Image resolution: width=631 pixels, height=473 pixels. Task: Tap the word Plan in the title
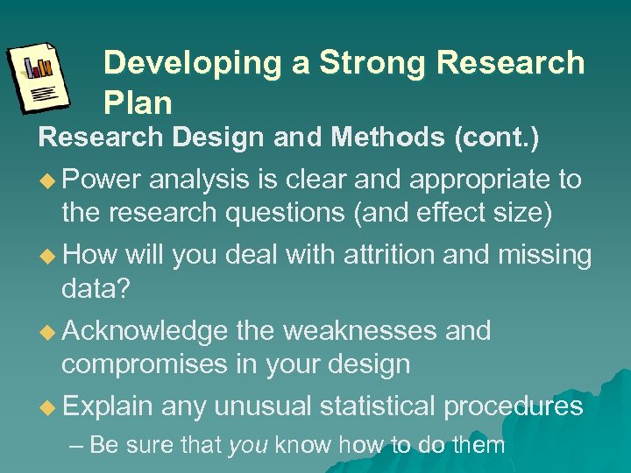(x=138, y=103)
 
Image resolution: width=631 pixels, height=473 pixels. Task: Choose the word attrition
(x=396, y=255)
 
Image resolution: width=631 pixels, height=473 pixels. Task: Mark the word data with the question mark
(x=96, y=289)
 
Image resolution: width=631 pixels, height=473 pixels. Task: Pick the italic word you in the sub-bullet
(x=248, y=445)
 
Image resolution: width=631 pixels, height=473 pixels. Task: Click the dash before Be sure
(x=76, y=445)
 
